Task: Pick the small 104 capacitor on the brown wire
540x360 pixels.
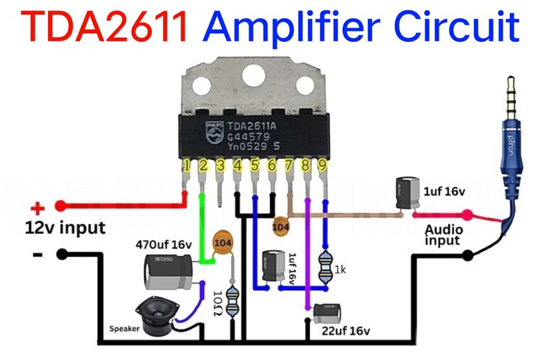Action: coord(281,227)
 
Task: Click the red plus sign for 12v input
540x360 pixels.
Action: coord(39,207)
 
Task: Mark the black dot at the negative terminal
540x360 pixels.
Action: coord(62,254)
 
